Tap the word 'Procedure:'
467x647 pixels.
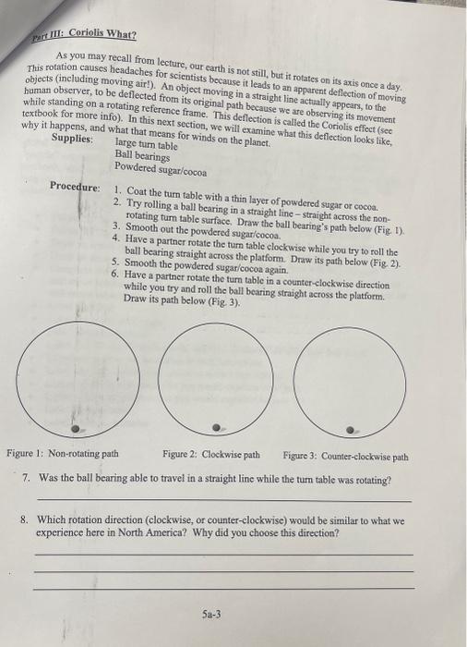75,187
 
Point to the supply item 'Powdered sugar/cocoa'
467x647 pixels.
161,170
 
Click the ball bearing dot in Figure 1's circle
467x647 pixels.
78,429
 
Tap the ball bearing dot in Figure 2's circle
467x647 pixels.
216,428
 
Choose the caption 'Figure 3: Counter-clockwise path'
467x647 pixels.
345,456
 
